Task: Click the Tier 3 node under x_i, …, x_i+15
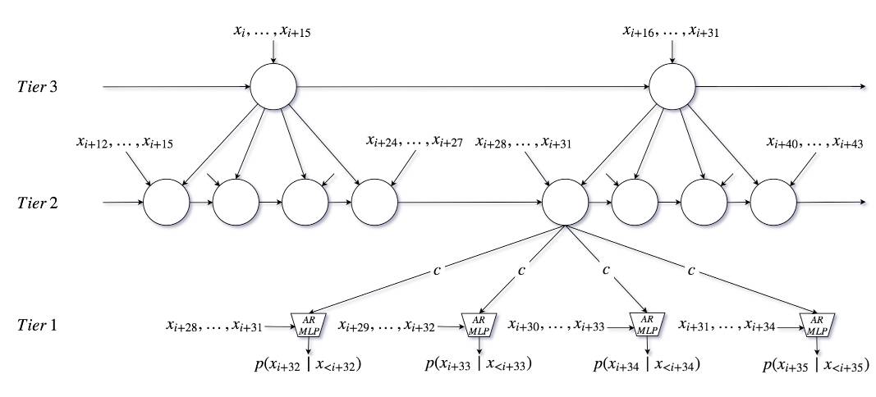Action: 273,86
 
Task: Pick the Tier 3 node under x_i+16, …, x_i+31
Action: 672,86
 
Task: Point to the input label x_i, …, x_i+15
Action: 273,33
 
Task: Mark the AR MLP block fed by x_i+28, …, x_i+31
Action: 305,325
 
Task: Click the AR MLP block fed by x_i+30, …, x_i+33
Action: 646,325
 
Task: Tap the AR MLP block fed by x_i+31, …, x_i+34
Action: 816,325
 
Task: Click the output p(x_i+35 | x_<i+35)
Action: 816,364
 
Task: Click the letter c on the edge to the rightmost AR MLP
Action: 692,269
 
